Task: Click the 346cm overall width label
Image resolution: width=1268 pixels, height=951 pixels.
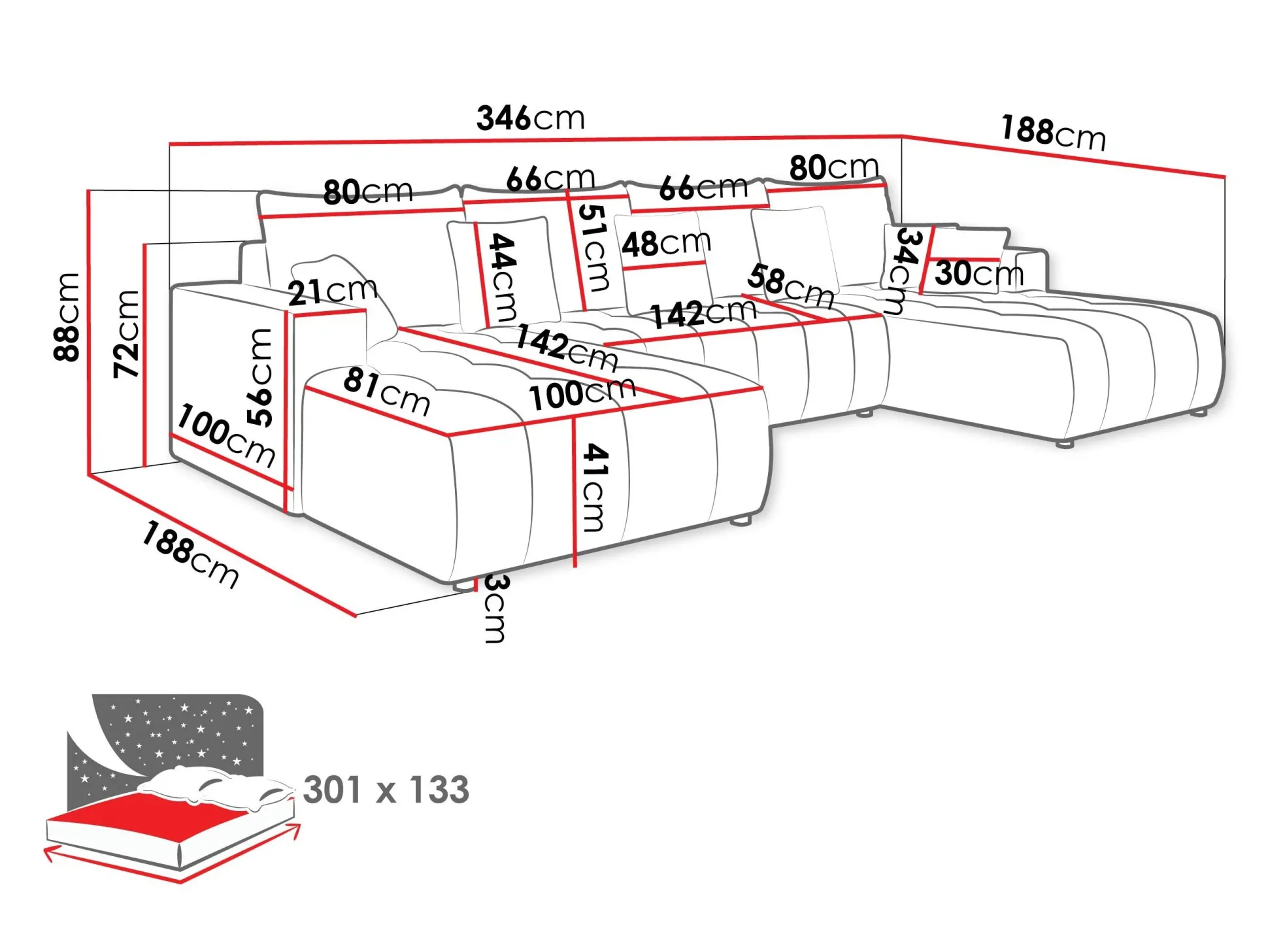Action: coord(530,118)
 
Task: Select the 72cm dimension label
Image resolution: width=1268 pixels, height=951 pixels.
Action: coord(126,334)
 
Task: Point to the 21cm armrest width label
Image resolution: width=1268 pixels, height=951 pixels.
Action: coord(333,290)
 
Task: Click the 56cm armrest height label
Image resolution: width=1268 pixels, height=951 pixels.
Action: coord(259,377)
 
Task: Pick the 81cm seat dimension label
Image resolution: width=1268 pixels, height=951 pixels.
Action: coord(387,391)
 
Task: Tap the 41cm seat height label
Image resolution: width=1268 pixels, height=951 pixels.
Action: coord(595,488)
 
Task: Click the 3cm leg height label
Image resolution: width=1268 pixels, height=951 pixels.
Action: coord(495,610)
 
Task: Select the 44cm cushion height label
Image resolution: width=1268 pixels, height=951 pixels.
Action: coord(503,277)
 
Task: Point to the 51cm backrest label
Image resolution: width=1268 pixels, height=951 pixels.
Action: coord(593,247)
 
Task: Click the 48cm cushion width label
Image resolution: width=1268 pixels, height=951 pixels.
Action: coord(666,243)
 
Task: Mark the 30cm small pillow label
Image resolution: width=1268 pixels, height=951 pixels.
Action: coord(978,273)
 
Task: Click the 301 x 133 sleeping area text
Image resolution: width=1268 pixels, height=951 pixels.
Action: coord(386,790)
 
